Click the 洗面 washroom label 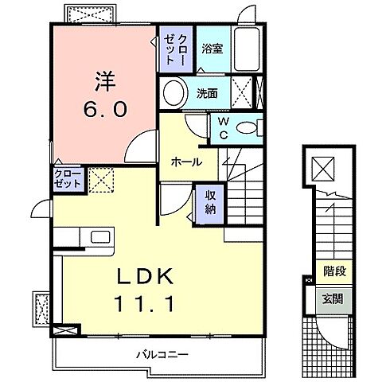tap(208, 92)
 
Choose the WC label tap(224, 127)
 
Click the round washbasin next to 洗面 tap(173, 94)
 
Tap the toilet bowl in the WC tap(248, 127)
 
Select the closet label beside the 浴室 tap(174, 49)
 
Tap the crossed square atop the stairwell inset tap(326, 167)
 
